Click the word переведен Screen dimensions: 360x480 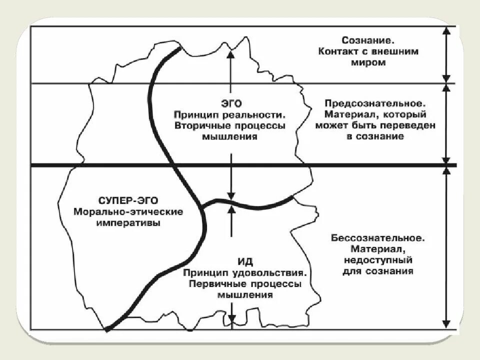410,125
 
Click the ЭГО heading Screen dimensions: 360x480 230,103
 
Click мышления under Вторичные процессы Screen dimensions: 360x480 230,136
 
